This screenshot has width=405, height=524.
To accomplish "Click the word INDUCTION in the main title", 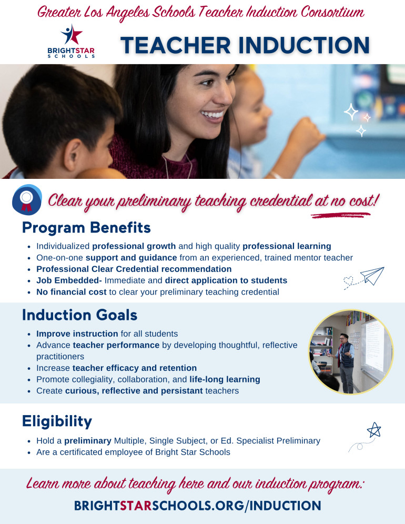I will pos(299,45).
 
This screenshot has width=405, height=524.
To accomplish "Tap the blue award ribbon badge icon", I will pos(27,199).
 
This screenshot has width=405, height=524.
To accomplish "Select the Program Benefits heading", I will pos(86,228).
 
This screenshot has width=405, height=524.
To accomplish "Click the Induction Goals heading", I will pos(79,315).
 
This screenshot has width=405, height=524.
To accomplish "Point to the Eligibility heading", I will pos(57,421).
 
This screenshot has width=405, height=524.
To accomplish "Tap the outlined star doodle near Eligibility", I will pos(373,430).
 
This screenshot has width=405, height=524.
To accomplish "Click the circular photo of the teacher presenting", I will pos(351,352).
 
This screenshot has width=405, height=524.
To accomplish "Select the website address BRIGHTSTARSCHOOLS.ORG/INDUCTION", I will pos(197,506).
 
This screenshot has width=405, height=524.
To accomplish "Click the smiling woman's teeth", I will pos(214,114).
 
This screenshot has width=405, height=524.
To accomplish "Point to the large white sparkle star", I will pos(351,112).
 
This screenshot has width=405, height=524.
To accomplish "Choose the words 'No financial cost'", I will pos(71,291).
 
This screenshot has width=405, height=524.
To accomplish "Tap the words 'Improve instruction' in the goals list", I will pos(77,334).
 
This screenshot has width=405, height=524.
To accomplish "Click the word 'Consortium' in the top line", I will pos(331,12).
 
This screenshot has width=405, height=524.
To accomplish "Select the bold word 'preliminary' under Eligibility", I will pos(88,441).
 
